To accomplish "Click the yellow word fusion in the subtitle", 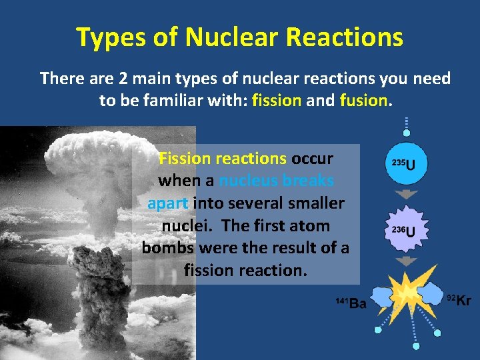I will (x=363, y=101).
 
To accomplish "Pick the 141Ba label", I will (x=351, y=303).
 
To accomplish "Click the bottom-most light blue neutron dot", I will (x=416, y=345).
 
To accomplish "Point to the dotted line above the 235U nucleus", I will (x=406, y=127).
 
